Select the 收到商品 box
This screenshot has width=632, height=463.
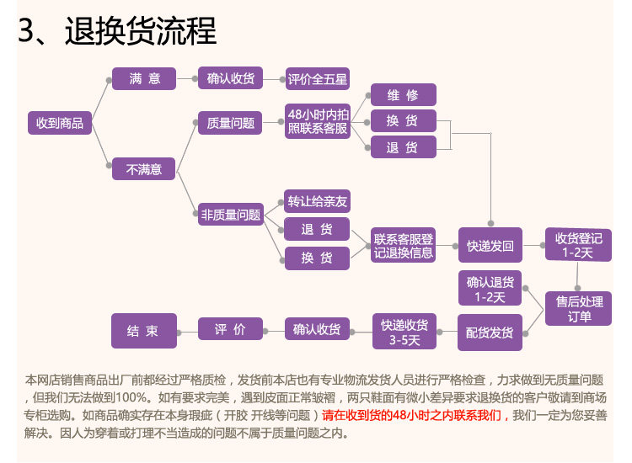[60, 123]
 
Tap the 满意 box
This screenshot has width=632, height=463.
[144, 79]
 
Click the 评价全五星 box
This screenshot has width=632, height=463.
[317, 79]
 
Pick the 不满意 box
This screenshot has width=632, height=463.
[144, 168]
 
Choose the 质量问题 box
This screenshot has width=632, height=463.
[230, 123]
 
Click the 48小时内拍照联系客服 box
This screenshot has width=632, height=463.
[317, 121]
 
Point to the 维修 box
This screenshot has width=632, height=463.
[403, 94]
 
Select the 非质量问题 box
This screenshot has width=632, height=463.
[230, 215]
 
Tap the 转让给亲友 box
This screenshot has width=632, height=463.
[317, 202]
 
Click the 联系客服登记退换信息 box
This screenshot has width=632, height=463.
[404, 245]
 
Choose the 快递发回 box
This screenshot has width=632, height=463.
[490, 245]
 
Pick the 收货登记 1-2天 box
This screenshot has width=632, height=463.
[577, 245]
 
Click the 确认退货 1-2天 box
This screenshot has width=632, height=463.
[490, 289]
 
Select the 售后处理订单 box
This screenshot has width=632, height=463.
[579, 309]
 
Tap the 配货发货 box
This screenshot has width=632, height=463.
[490, 332]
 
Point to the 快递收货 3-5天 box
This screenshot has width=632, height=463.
[404, 332]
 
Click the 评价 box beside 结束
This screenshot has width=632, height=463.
[230, 330]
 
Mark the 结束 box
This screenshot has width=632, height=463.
[144, 330]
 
